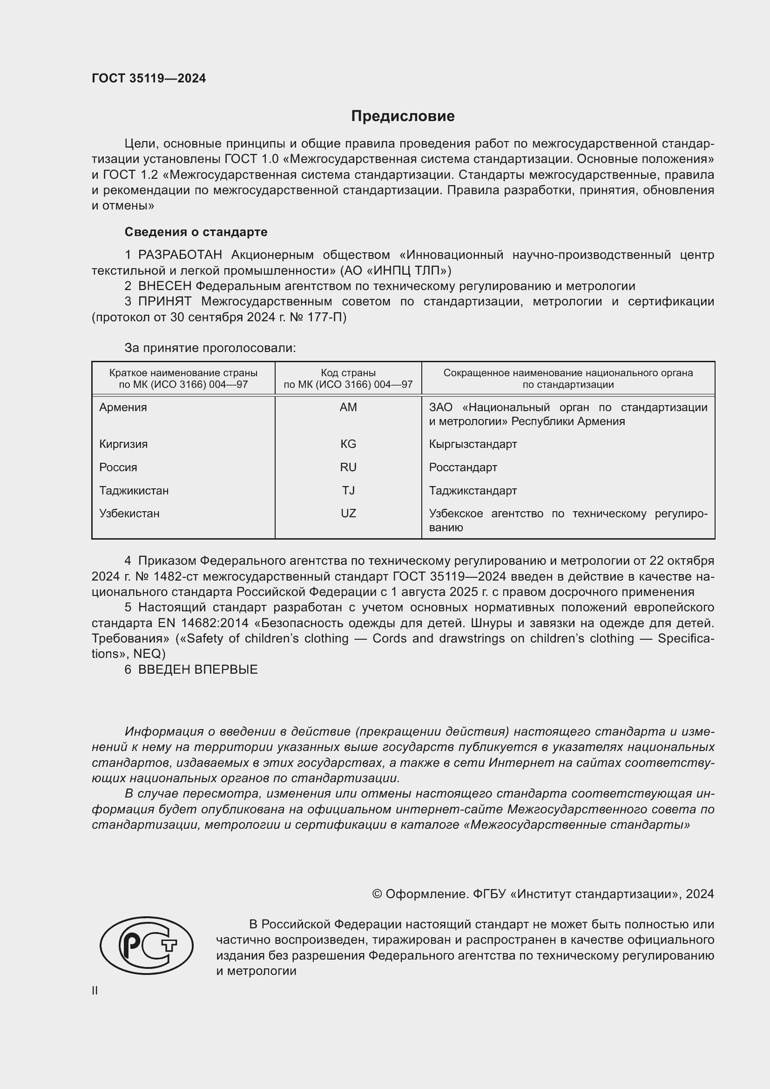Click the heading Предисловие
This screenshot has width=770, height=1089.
(403, 116)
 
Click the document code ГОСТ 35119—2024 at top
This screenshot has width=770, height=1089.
(149, 79)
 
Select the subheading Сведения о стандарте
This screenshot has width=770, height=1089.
(196, 232)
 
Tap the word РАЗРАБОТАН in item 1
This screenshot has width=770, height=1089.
(180, 255)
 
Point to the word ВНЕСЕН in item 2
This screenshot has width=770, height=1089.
(164, 286)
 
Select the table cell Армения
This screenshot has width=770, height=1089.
(123, 407)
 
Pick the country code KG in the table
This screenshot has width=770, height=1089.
(348, 445)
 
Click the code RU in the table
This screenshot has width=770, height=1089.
(348, 467)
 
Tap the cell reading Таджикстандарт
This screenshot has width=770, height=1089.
(473, 491)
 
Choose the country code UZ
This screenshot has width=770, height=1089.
(348, 514)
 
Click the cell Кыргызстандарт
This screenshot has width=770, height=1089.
(473, 445)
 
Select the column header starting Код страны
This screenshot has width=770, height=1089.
(348, 379)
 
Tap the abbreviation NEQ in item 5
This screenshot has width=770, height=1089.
(149, 654)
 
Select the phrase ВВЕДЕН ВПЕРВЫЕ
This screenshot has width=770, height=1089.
(198, 670)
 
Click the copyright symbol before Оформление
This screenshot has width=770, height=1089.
(377, 894)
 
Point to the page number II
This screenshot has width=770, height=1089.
(95, 990)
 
